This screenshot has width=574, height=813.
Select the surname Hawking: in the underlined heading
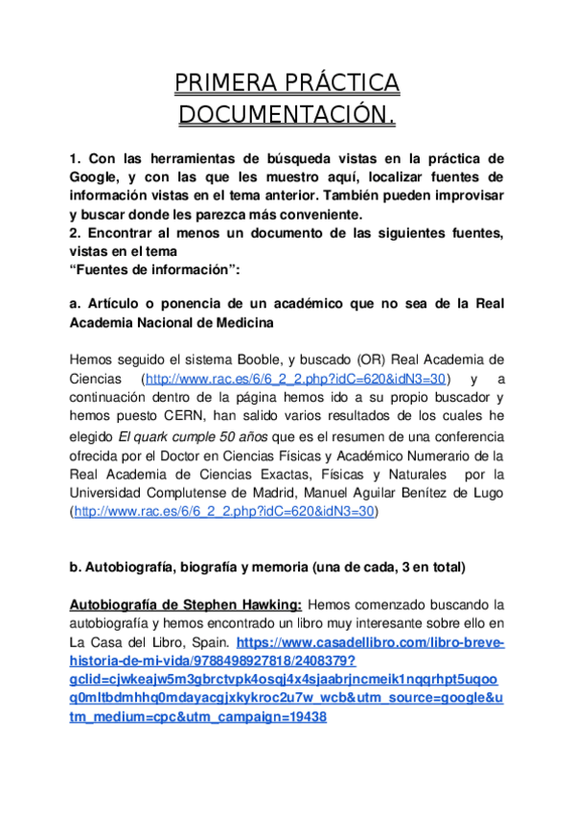269,604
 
